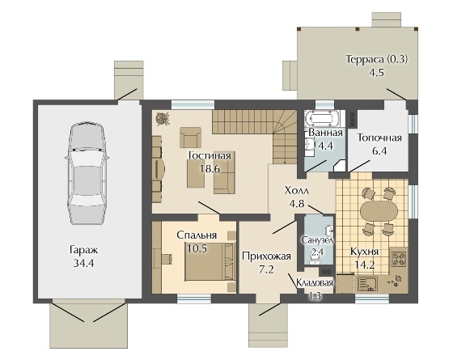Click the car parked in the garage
[x=87, y=173]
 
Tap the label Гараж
[x=84, y=250]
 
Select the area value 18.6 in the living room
[x=210, y=168]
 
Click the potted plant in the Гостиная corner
[x=163, y=119]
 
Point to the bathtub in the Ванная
[x=323, y=118]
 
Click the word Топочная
[x=379, y=138]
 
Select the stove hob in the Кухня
[x=399, y=259]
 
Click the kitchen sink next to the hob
[x=367, y=283]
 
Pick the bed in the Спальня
[x=210, y=261]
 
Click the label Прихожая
[x=266, y=256]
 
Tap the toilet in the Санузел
[x=314, y=260]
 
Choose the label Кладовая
[x=315, y=283]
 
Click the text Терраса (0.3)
[x=377, y=59]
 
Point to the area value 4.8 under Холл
[x=297, y=203]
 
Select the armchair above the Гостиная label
[x=190, y=138]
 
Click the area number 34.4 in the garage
[x=83, y=263]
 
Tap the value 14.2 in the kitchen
[x=365, y=265]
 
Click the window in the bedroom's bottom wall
[x=194, y=299]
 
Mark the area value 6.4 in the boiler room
[x=379, y=150]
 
